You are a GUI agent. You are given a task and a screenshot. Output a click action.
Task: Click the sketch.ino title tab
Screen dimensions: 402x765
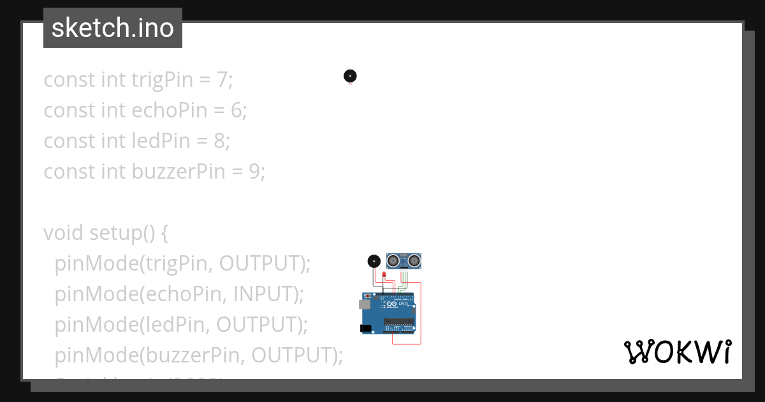click(x=113, y=28)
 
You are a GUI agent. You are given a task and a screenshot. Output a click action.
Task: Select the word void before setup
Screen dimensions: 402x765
click(x=63, y=233)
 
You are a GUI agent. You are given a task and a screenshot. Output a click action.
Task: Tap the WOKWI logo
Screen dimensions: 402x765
click(x=677, y=352)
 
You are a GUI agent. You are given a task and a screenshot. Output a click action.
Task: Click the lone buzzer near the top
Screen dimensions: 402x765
click(x=350, y=76)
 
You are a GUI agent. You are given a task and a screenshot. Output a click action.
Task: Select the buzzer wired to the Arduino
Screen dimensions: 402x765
click(x=374, y=261)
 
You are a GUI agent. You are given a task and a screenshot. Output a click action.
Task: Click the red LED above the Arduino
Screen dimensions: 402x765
click(x=384, y=274)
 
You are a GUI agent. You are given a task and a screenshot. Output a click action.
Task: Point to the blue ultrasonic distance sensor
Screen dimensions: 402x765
click(x=404, y=260)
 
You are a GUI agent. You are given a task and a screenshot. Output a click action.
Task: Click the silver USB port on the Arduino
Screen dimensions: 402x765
click(x=364, y=305)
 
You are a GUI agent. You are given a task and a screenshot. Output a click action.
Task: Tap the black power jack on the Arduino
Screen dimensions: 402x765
click(x=365, y=328)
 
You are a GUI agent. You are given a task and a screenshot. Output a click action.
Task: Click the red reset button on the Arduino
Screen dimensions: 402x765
click(x=368, y=296)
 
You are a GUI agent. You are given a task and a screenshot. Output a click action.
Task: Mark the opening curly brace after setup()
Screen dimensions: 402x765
click(x=164, y=233)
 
